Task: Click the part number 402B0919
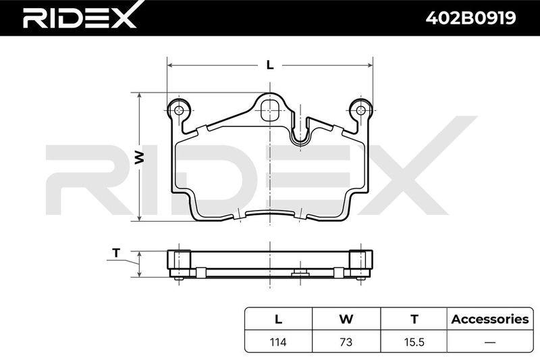[470, 18]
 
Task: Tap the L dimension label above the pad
[270, 65]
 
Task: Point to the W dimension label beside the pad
[139, 157]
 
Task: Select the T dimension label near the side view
[116, 253]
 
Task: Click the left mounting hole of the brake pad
[178, 111]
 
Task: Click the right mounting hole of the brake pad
[360, 111]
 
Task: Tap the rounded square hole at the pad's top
[270, 111]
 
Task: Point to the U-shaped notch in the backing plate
[300, 132]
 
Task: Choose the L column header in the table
[278, 319]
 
